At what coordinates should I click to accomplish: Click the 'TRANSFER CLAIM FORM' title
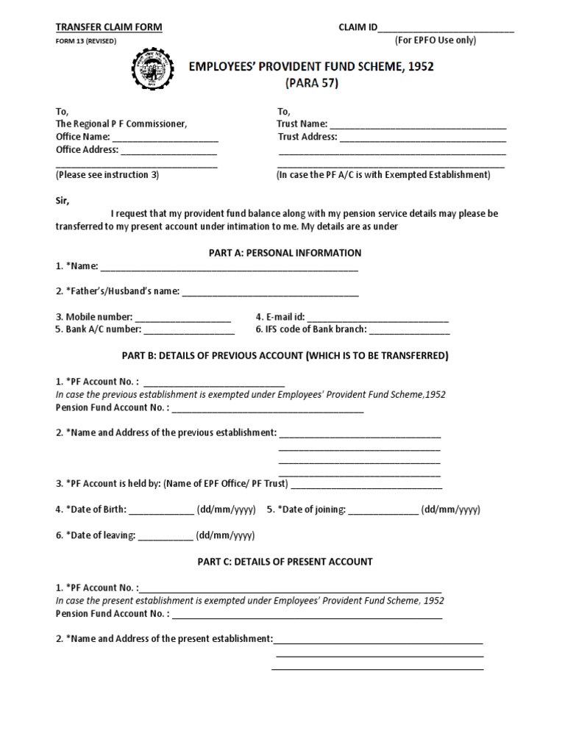click(x=109, y=27)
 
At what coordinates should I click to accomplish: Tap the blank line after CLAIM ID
click(x=446, y=29)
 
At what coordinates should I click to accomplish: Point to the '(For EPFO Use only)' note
click(x=436, y=40)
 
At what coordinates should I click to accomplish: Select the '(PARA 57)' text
click(x=311, y=83)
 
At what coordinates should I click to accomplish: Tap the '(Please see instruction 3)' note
click(x=107, y=175)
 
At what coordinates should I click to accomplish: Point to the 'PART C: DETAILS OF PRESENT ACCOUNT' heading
click(x=285, y=561)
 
